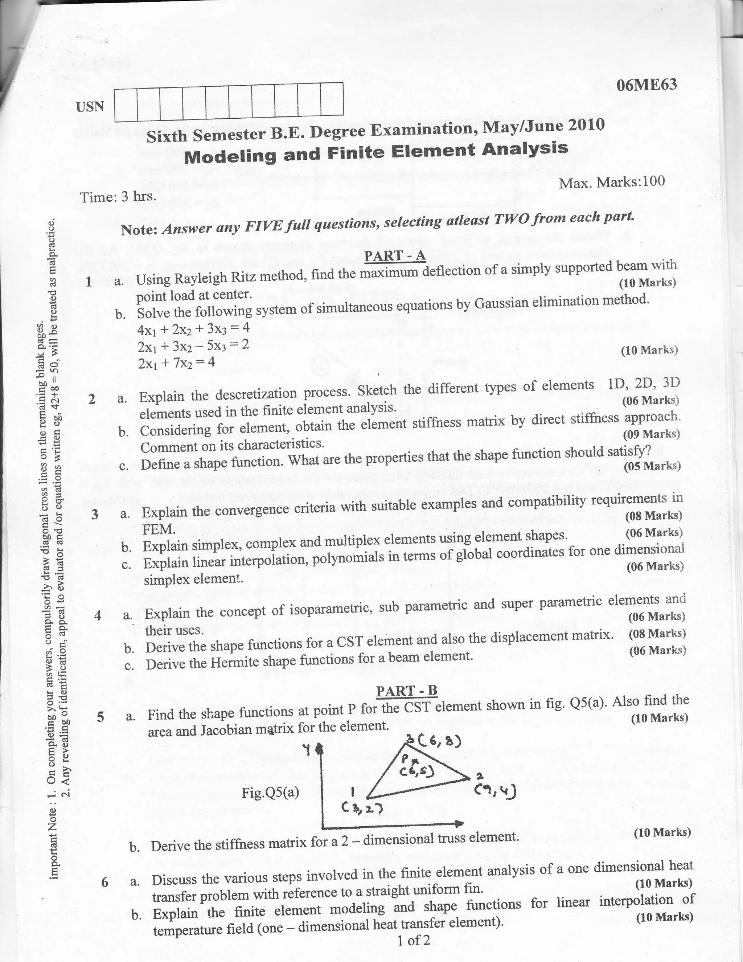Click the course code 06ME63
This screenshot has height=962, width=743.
[x=646, y=85]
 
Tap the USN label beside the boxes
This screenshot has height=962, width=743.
[x=90, y=107]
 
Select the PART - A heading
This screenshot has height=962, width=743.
[x=395, y=256]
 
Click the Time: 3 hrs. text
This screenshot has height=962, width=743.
[x=118, y=196]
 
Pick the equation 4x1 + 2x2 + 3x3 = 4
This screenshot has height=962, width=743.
[x=193, y=329]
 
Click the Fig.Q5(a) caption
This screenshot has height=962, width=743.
[x=270, y=793]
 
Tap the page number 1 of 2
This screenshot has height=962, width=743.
[x=413, y=941]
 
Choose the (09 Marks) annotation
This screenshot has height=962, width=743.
[x=651, y=434]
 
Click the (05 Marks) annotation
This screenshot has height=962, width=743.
[x=652, y=466]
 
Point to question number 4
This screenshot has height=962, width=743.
[x=98, y=615]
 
